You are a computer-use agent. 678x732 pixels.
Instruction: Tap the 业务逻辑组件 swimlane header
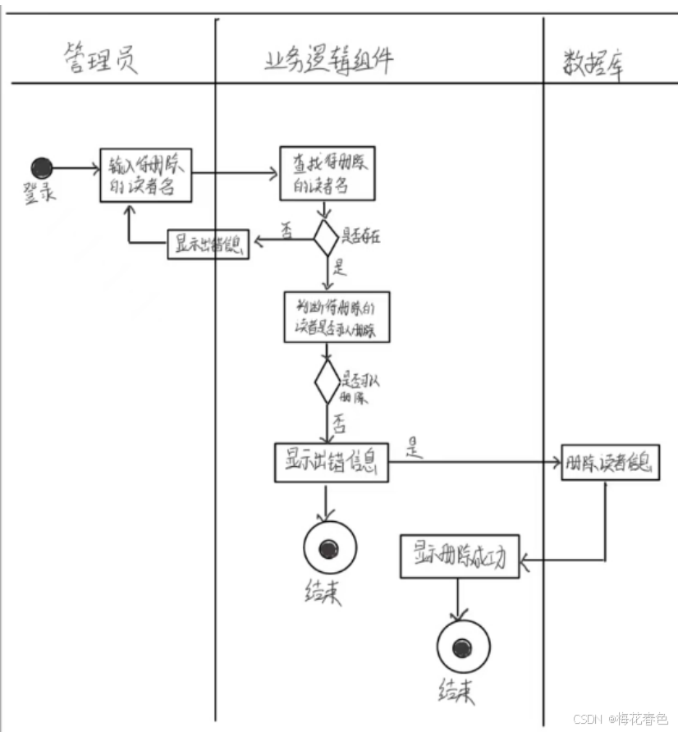328,60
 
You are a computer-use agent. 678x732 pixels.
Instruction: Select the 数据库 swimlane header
593,62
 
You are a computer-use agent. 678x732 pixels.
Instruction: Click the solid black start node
42,168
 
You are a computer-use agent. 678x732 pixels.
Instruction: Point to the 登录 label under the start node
39,193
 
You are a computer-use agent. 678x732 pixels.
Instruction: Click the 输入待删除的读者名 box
146,175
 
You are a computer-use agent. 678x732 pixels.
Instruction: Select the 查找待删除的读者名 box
327,174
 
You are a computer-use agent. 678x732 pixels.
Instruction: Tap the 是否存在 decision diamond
326,238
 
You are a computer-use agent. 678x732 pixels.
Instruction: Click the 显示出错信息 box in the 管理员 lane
208,245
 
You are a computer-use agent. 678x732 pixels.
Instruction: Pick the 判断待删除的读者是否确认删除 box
336,317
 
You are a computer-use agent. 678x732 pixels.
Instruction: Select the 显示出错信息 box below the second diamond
331,464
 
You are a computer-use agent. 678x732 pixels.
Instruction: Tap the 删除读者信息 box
610,462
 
